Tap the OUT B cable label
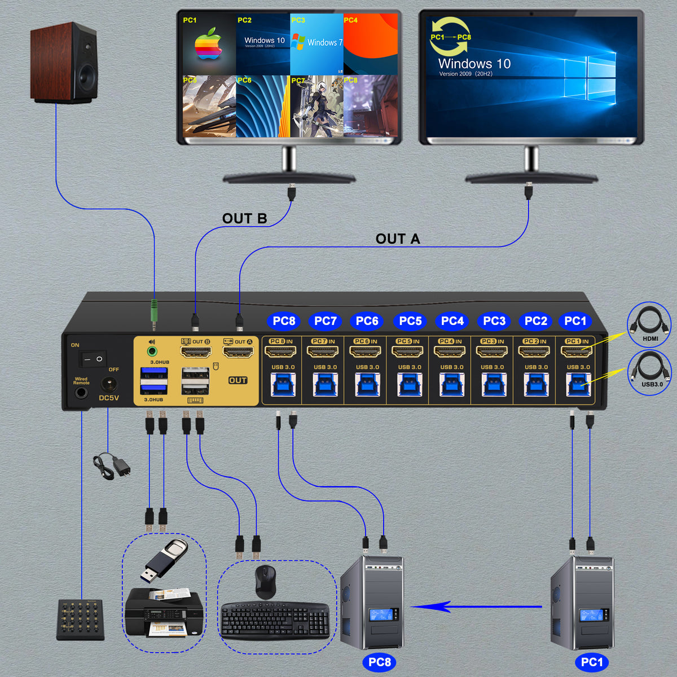(244, 219)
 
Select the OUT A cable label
(398, 239)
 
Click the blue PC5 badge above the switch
(410, 321)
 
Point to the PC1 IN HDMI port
(576, 352)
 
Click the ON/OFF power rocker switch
(92, 358)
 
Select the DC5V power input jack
(109, 385)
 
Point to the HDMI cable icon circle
(649, 326)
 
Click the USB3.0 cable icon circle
(649, 372)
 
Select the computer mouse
(265, 581)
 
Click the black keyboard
(275, 621)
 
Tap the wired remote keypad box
(80, 619)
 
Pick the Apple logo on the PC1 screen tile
(208, 46)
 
